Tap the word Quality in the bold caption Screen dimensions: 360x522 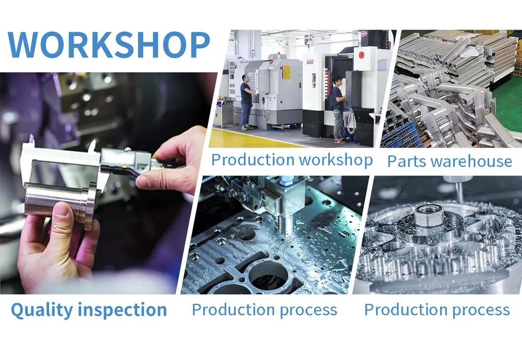click(35, 310)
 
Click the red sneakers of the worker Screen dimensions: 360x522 click(340, 141)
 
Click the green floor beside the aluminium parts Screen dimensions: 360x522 click(508, 106)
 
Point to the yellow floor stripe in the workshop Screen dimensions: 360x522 click(256, 141)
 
